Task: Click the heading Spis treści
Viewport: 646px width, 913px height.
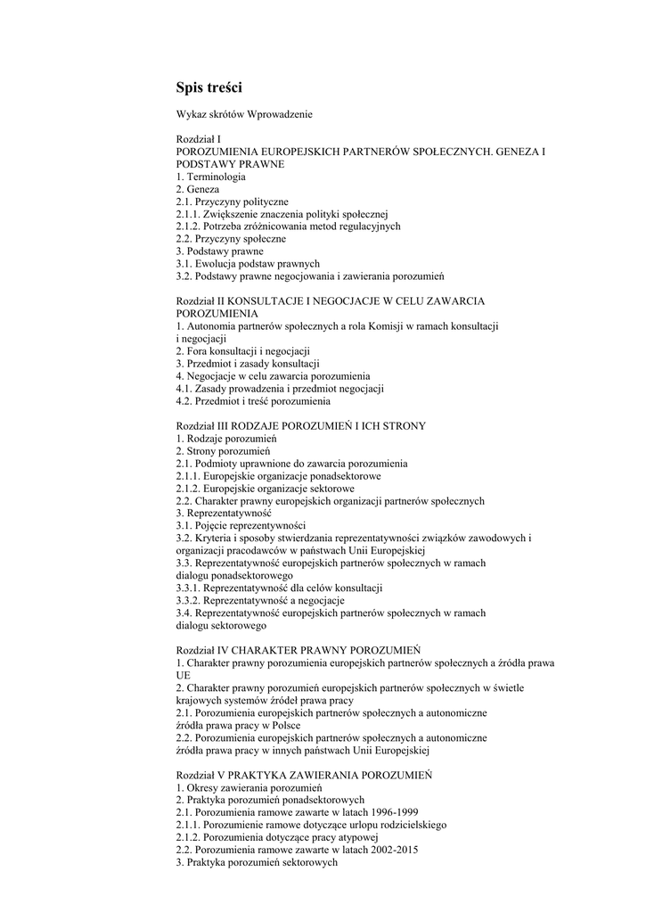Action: click(x=209, y=87)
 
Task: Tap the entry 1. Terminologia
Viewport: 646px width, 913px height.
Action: click(x=210, y=177)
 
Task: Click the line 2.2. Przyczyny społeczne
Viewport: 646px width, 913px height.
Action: click(x=231, y=239)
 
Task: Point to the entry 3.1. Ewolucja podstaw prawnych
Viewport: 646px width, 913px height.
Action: click(x=247, y=264)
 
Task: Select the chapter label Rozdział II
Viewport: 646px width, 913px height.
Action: click(x=200, y=301)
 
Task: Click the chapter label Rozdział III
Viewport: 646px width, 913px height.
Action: click(x=202, y=426)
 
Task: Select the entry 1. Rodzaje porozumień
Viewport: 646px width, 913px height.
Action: click(x=227, y=439)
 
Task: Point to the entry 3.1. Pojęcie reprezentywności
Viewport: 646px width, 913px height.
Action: click(x=241, y=525)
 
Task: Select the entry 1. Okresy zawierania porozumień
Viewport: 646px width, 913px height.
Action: click(x=249, y=788)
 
